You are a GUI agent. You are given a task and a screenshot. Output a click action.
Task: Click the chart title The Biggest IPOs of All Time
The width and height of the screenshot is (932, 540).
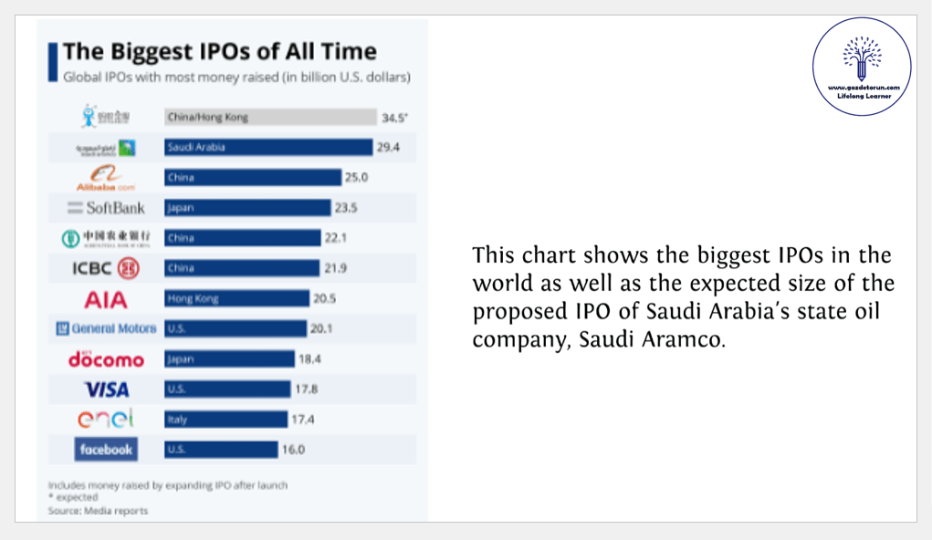[x=219, y=51]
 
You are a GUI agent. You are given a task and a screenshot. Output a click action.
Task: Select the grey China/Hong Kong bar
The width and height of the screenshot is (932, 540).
[x=270, y=117]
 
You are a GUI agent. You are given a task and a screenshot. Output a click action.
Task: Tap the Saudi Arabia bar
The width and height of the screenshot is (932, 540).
[x=268, y=147]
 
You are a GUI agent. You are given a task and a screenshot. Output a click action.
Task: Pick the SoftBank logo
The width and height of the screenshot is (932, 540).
[x=106, y=207]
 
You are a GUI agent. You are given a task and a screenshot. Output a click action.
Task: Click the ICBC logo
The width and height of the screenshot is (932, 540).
[x=106, y=268]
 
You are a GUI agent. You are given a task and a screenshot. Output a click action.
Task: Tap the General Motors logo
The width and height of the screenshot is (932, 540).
[x=106, y=328]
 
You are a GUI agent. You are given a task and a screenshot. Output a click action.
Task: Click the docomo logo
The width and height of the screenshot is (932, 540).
[x=106, y=359]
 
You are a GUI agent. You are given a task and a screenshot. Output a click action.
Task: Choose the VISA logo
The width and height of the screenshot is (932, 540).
[x=107, y=389]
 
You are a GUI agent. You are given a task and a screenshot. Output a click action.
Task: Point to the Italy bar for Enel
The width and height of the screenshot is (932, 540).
[x=225, y=420]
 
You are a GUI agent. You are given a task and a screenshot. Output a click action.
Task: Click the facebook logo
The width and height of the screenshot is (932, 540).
[x=106, y=450]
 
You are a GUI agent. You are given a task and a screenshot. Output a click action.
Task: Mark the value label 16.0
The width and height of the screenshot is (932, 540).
[x=294, y=450]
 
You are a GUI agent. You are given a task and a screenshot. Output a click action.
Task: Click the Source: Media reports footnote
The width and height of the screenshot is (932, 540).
[x=98, y=511]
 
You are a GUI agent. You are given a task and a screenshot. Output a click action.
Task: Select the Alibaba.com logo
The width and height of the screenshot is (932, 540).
[x=106, y=177]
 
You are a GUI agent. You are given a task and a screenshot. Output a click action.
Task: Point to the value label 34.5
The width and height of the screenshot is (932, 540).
[x=394, y=118]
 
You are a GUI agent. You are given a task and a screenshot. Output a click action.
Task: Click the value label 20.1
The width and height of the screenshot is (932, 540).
[x=322, y=328]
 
